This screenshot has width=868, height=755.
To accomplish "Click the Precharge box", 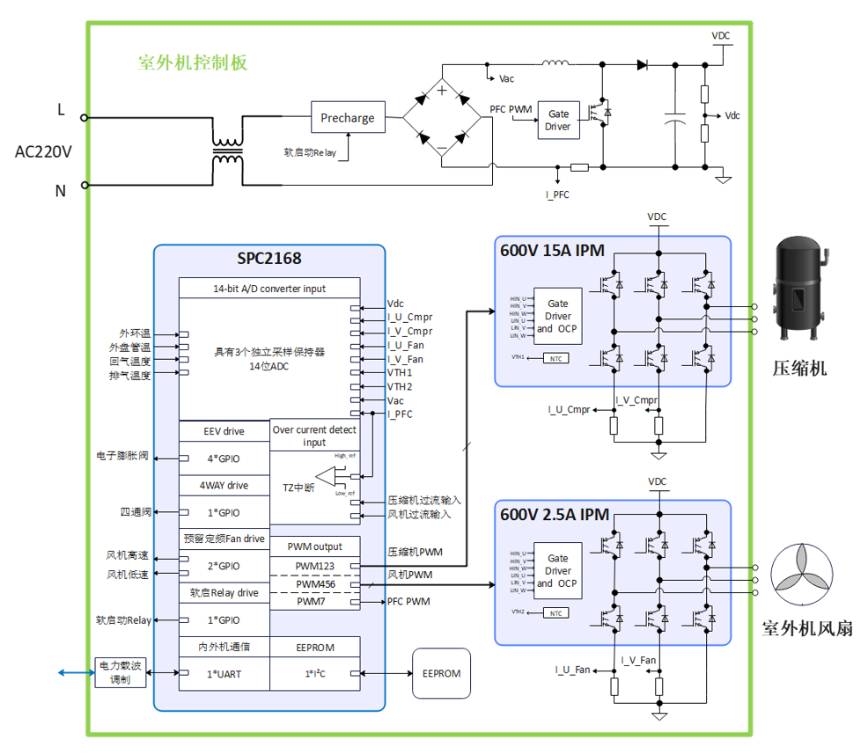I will click(348, 118).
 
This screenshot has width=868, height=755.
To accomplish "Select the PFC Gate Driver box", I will click(558, 121).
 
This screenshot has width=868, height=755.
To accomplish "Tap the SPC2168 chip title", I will click(269, 259).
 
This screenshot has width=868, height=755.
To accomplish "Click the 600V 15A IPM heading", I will click(554, 250).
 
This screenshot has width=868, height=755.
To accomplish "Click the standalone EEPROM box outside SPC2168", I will click(441, 673).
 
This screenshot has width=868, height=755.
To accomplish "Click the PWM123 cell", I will click(314, 565).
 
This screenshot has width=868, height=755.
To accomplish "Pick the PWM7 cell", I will click(314, 602).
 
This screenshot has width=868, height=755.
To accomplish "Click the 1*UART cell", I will click(224, 674).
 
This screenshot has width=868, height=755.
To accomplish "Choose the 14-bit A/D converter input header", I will click(269, 288).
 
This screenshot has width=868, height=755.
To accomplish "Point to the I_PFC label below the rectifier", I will click(557, 194).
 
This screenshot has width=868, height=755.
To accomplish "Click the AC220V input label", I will click(43, 151).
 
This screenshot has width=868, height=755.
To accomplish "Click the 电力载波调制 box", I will click(121, 673).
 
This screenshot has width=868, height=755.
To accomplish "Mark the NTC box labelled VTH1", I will click(555, 358).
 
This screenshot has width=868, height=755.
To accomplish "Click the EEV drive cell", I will click(224, 431).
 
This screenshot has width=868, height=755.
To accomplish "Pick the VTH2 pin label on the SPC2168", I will click(400, 386).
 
